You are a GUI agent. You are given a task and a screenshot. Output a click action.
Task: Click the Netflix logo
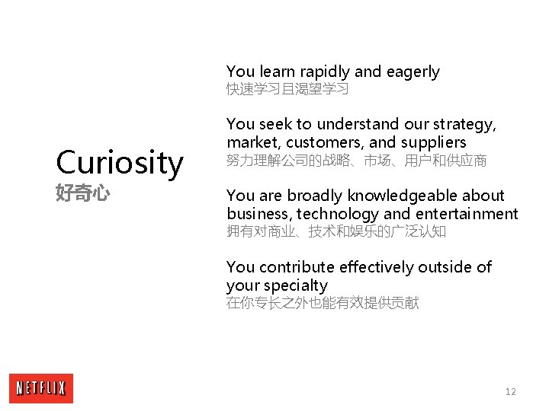point(41,388)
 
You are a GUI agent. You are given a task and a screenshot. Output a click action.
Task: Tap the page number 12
point(510,391)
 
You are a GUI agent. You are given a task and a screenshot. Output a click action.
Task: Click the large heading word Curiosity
point(120,163)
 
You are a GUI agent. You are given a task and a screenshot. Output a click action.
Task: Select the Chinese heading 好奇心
point(83,193)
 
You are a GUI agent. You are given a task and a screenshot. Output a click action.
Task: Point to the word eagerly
point(413,72)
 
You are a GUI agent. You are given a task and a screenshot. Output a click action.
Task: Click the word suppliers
point(433,143)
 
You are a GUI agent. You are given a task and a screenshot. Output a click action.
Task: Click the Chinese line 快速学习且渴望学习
point(287,90)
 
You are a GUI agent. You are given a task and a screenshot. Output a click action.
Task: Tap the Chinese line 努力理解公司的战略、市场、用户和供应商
point(356,161)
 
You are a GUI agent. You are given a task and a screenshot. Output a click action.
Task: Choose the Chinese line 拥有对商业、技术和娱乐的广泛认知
point(335,231)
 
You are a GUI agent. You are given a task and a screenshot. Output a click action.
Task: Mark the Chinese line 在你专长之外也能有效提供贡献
point(323,304)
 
